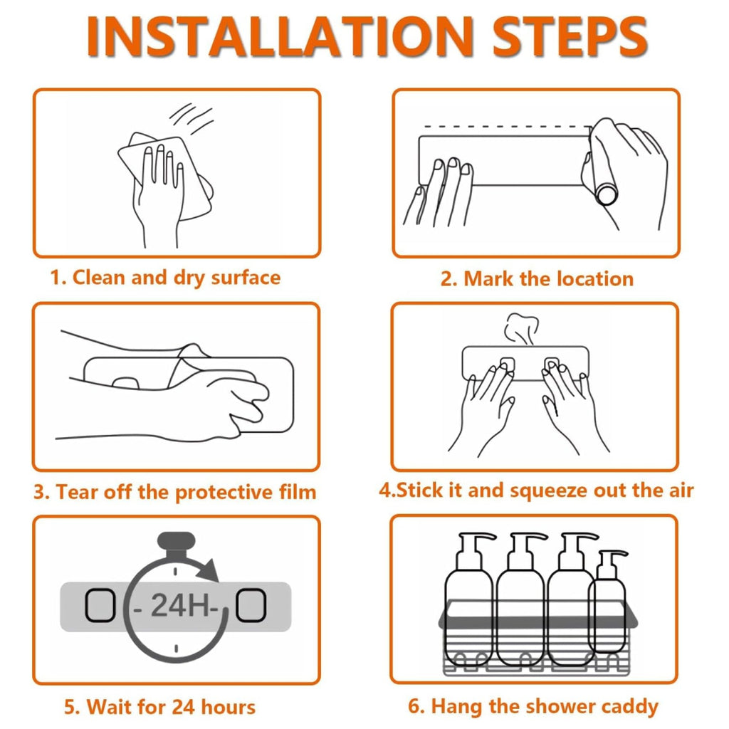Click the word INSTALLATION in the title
[x=280, y=36]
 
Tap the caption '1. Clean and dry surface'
[x=165, y=278]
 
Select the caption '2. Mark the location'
[x=537, y=279]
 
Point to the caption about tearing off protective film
[x=175, y=492]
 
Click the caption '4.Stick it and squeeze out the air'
[x=536, y=491]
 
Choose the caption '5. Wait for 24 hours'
[x=159, y=707]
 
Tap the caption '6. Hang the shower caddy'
[x=533, y=707]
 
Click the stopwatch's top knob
[x=176, y=542]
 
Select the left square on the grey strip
[x=100, y=605]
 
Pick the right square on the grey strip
[x=251, y=605]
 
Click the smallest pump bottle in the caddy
[x=607, y=604]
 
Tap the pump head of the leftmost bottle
[x=476, y=543]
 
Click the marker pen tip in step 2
[x=607, y=195]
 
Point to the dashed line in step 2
[x=508, y=126]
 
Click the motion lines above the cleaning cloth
[x=192, y=118]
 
